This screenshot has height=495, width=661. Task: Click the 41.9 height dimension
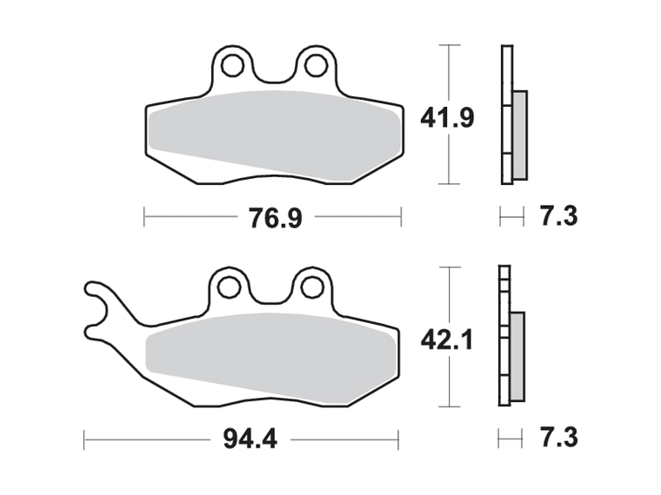(x=447, y=118)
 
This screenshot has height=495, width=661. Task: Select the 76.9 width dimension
(x=276, y=218)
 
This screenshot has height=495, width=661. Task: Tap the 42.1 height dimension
(x=447, y=340)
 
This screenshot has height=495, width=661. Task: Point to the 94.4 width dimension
(x=250, y=439)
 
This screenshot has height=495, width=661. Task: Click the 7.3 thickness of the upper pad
(x=559, y=216)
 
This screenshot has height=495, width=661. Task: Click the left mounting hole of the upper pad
(x=232, y=66)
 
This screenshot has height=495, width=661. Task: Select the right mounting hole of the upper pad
(x=317, y=66)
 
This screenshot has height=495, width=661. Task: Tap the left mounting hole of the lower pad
(x=229, y=287)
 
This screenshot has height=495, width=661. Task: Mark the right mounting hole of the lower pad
(x=312, y=287)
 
